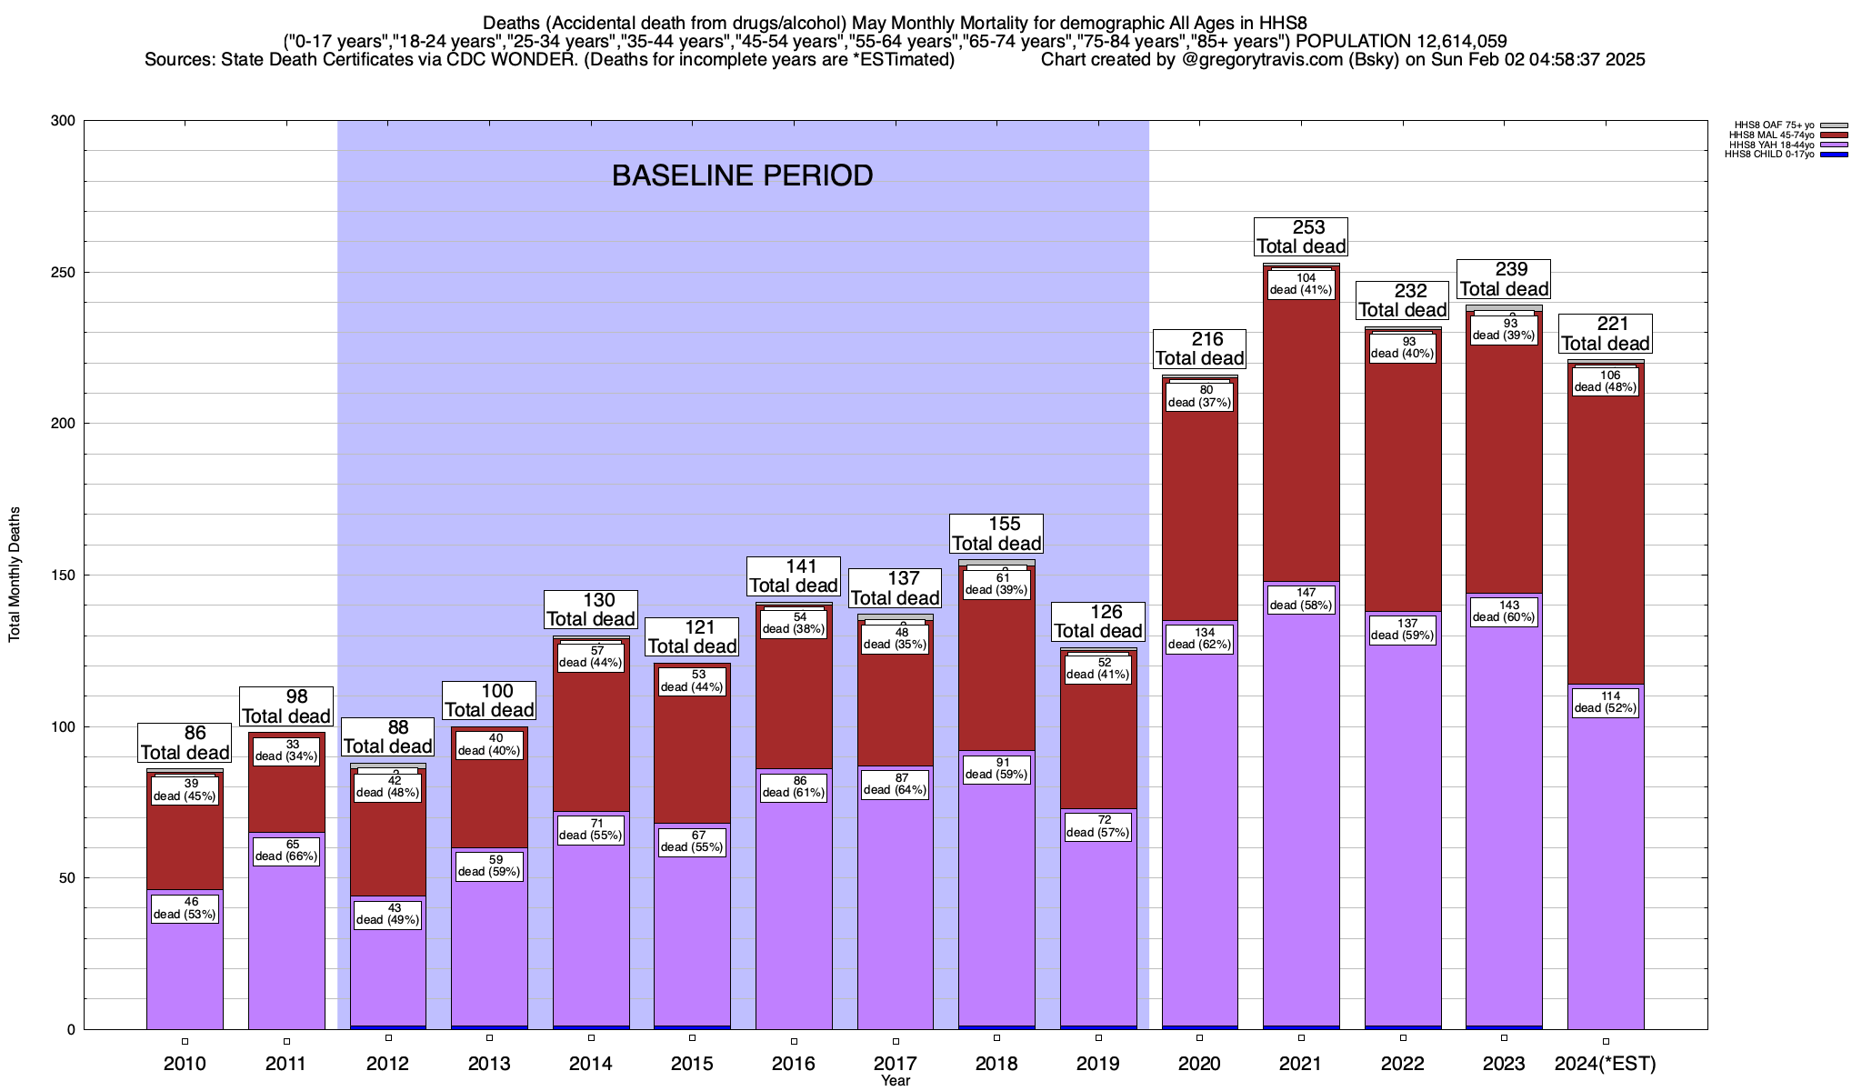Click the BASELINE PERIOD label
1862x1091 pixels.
coord(742,175)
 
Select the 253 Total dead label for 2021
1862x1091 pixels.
coord(1301,236)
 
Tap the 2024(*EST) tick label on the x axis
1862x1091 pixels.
coord(1606,1064)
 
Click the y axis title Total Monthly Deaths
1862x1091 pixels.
coord(15,575)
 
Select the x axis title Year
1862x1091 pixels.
coord(896,1081)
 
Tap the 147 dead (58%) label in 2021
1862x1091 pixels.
coord(1301,599)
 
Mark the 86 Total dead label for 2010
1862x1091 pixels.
coord(185,743)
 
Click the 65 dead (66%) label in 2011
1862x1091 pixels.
coord(286,850)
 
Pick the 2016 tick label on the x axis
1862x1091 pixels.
coord(794,1064)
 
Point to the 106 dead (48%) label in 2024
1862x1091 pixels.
coord(1606,381)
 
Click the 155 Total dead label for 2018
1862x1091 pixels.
coord(996,534)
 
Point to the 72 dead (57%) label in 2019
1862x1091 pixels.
coord(1098,826)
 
